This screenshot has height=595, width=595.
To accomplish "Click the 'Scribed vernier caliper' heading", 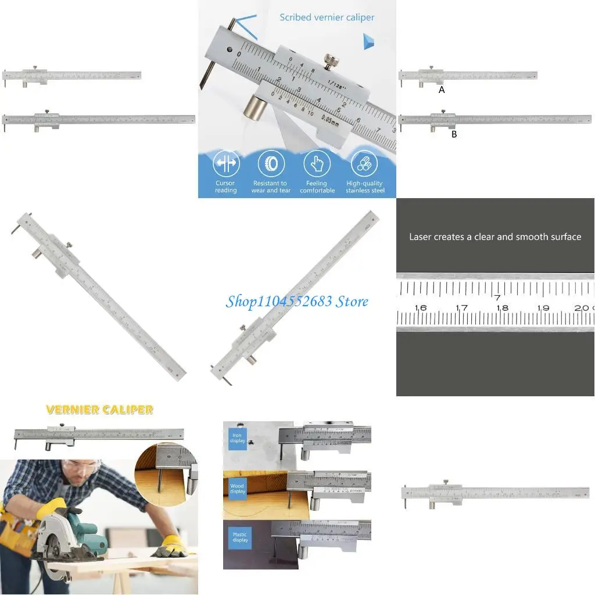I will pyautogui.click(x=327, y=17).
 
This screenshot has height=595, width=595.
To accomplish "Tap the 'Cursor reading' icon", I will pyautogui.click(x=225, y=164).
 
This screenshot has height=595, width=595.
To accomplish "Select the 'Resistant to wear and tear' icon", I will pyautogui.click(x=271, y=164).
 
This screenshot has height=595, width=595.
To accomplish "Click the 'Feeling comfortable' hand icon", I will pyautogui.click(x=317, y=164).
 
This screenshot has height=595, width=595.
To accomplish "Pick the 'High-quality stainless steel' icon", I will pyautogui.click(x=364, y=164).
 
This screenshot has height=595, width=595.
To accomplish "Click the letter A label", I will pyautogui.click(x=442, y=90).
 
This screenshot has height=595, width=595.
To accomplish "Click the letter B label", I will pyautogui.click(x=454, y=134).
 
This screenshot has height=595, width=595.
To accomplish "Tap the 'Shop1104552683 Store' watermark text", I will pyautogui.click(x=297, y=301).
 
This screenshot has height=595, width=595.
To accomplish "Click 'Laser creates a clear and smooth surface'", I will pyautogui.click(x=495, y=237).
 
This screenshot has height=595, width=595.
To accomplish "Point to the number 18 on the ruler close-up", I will pyautogui.click(x=503, y=308).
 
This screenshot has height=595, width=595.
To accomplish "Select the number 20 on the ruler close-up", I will pyautogui.click(x=582, y=308).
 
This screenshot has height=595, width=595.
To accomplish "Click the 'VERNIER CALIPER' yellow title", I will pyautogui.click(x=99, y=410).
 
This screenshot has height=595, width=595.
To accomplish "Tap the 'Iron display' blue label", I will pyautogui.click(x=238, y=438).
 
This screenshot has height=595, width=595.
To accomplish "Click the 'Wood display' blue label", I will pyautogui.click(x=238, y=488).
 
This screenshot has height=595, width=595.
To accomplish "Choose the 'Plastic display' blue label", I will pyautogui.click(x=239, y=537).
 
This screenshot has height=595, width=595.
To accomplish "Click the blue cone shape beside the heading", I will pyautogui.click(x=368, y=41).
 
